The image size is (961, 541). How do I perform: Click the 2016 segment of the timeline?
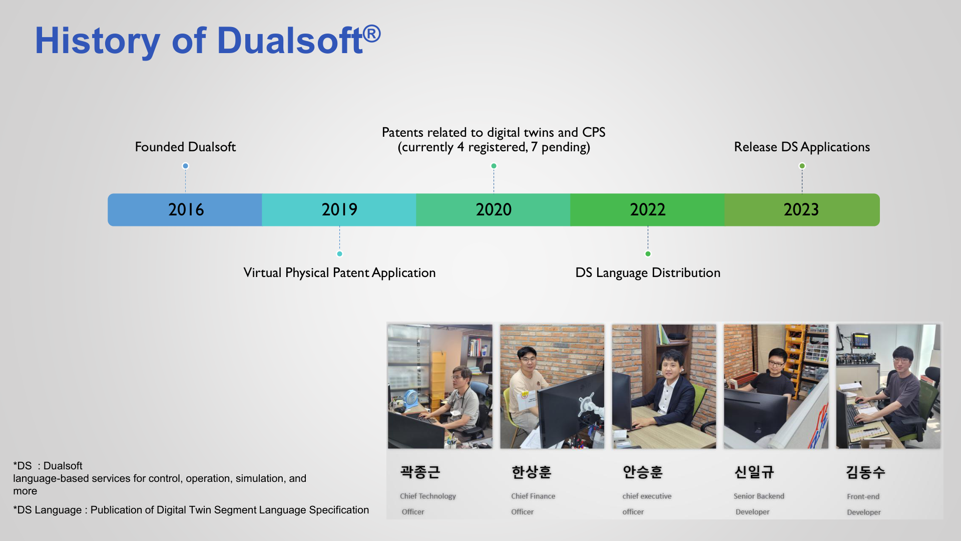[185, 210]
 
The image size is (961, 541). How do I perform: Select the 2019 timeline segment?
[339, 210]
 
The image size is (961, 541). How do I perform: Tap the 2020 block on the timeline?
[494, 210]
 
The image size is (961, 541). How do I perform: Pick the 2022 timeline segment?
[648, 210]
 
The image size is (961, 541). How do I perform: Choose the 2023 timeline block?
[802, 210]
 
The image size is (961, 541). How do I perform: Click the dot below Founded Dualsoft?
[185, 166]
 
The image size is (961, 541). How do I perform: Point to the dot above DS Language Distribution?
[648, 254]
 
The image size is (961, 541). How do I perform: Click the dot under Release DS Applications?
[802, 166]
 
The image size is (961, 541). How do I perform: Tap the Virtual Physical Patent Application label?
[339, 273]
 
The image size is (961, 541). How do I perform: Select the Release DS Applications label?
[802, 147]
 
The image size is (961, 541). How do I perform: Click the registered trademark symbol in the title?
[371, 34]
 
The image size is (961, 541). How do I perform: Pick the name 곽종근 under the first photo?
[420, 472]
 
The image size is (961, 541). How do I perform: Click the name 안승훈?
[643, 472]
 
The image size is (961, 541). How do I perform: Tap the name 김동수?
[865, 472]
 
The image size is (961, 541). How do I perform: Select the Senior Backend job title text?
[759, 496]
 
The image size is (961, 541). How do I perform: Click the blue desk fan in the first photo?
[410, 399]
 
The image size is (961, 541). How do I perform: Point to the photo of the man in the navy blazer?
[664, 386]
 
